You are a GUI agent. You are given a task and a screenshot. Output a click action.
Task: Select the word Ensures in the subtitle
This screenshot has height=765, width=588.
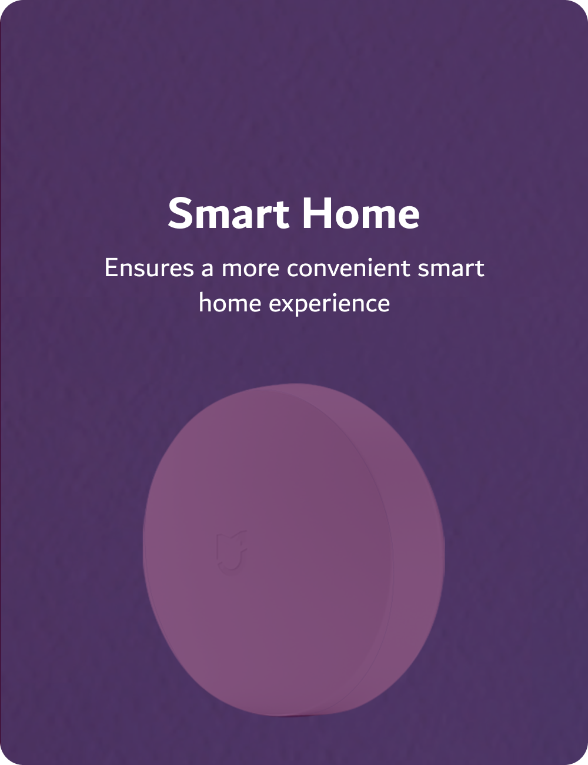[x=149, y=269]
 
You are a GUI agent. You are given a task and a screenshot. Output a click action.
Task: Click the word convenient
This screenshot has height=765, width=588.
[x=349, y=269]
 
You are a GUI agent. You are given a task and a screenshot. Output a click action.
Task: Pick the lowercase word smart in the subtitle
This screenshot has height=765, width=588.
[x=451, y=269]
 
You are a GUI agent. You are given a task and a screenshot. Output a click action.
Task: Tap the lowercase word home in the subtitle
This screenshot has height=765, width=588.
[x=230, y=303]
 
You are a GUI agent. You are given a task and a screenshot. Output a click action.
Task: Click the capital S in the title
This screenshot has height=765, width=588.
[x=179, y=213]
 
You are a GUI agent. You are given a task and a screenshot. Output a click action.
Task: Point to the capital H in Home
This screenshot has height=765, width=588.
[x=314, y=213]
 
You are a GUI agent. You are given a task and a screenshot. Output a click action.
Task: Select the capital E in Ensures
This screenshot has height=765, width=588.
[x=111, y=269]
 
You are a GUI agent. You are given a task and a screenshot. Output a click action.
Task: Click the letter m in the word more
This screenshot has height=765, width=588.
[x=233, y=270]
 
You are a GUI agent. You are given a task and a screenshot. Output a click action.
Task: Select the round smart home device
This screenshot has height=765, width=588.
[x=293, y=550]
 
